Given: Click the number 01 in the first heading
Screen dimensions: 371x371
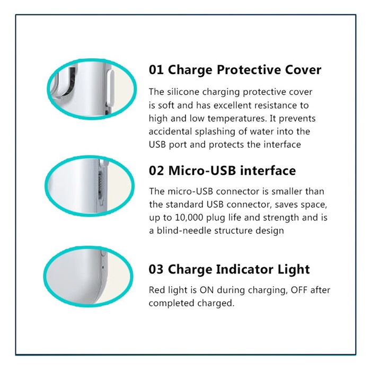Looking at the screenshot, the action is click(156, 70).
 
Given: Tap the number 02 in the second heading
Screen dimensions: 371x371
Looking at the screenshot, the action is click(156, 171).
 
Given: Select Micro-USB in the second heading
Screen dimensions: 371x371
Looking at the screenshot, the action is click(202, 171).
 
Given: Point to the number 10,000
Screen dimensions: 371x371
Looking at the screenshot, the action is click(189, 218).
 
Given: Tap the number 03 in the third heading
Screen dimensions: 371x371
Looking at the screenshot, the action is click(156, 269).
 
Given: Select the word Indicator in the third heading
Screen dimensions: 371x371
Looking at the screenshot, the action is click(245, 269).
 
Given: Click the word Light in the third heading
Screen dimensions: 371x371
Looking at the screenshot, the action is click(294, 270).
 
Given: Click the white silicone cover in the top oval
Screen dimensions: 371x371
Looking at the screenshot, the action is click(110, 89).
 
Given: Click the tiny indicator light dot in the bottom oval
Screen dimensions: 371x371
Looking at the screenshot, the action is click(102, 268).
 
